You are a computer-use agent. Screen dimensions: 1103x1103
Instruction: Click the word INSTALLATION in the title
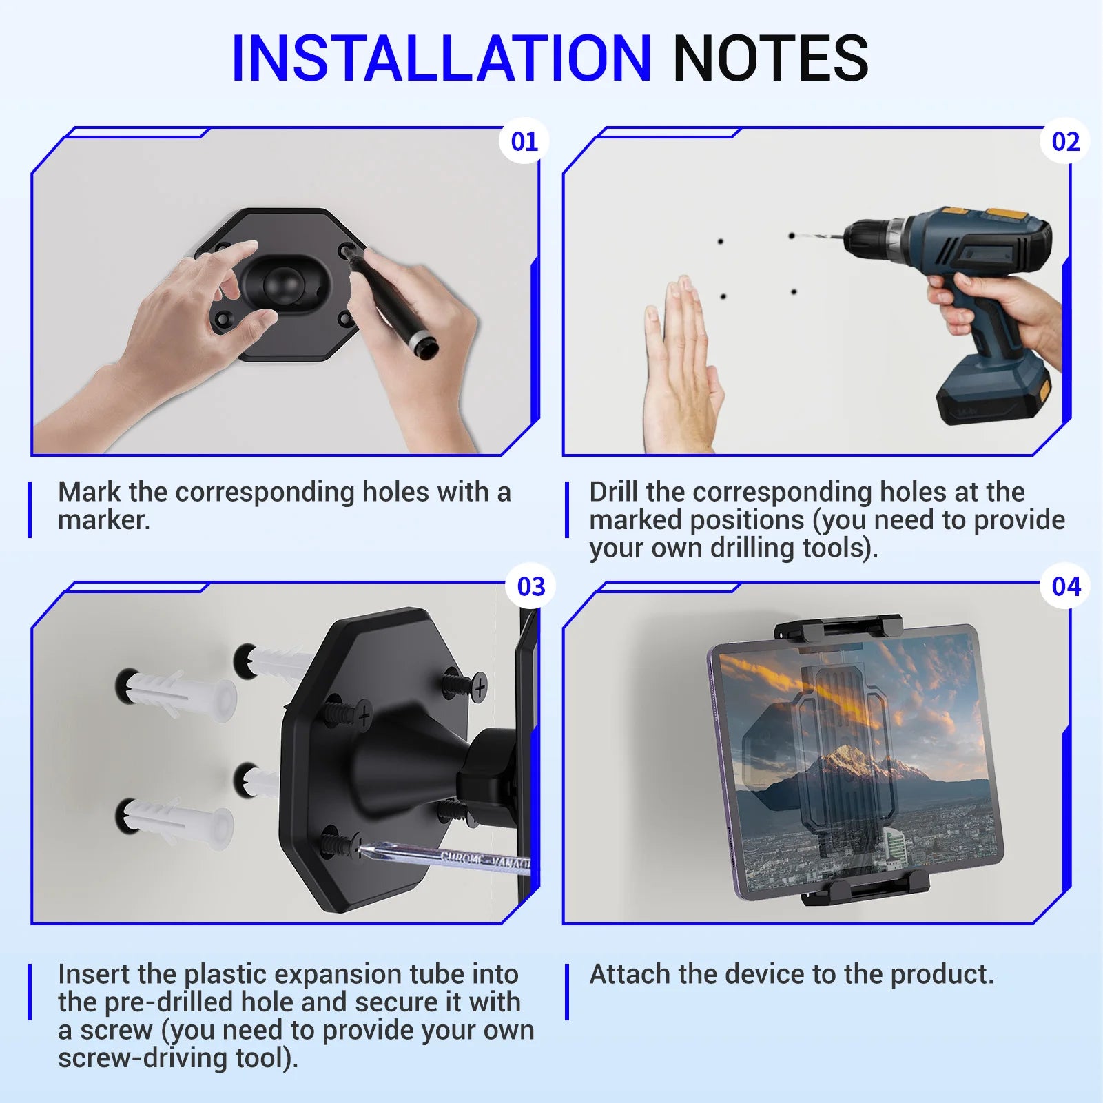(x=441, y=58)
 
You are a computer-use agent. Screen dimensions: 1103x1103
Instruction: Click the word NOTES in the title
(x=770, y=58)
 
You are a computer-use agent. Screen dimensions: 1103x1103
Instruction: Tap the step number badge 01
(x=524, y=141)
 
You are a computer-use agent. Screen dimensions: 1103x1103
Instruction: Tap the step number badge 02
(x=1065, y=141)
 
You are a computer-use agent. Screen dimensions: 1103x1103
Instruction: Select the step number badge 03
(x=530, y=587)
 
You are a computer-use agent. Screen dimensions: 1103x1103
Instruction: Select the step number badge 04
(x=1066, y=587)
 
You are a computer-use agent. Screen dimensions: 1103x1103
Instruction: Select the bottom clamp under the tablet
(x=865, y=889)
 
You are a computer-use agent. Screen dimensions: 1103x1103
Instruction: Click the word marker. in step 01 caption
(x=103, y=520)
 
